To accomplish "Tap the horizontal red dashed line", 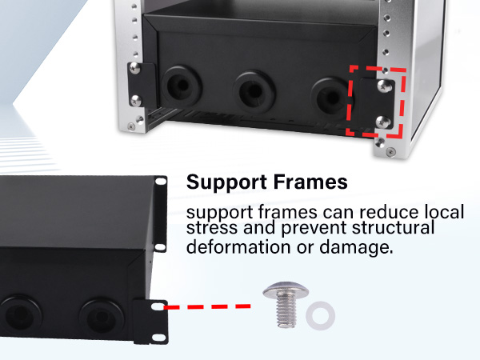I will [208, 306].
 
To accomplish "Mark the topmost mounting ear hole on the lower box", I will [161, 184].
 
